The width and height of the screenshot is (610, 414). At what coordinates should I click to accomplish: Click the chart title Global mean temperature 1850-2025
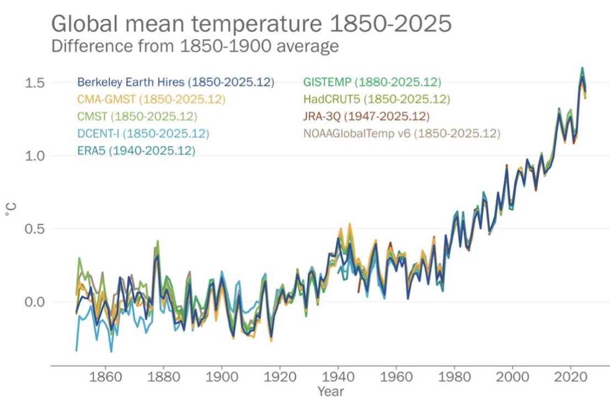(252, 24)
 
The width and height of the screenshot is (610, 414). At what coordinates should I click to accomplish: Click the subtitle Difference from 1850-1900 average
(195, 46)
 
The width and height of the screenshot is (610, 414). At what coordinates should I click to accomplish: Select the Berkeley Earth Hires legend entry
(176, 82)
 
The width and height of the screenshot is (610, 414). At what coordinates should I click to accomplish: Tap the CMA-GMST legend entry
(152, 99)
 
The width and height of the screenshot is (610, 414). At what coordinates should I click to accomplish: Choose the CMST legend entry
(137, 116)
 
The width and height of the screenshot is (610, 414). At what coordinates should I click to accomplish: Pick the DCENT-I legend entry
(143, 134)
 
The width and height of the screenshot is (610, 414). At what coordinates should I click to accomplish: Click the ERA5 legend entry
(136, 150)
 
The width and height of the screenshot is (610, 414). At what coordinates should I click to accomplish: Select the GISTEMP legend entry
(372, 82)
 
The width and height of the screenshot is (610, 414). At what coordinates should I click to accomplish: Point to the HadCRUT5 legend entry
(377, 99)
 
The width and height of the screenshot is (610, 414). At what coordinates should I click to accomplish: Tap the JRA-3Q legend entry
(366, 116)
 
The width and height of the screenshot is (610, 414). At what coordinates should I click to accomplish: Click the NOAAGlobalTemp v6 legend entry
(402, 134)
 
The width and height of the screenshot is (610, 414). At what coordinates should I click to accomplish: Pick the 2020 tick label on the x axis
(571, 379)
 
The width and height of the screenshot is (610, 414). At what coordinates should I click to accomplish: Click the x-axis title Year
(330, 391)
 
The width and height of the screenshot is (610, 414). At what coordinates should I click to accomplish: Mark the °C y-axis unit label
(12, 210)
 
